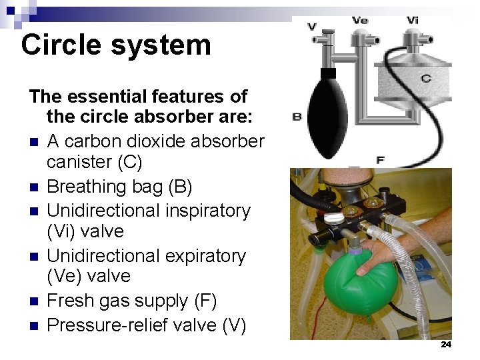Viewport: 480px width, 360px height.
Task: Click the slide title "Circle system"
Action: pos(116,45)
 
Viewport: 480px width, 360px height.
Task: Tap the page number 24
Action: pos(446,345)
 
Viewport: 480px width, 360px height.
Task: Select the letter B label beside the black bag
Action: pos(297,117)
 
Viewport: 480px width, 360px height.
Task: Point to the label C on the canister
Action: pos(425,78)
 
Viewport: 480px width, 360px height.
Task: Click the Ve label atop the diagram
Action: pos(360,21)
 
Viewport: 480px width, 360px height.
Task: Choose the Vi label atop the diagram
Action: pos(413,21)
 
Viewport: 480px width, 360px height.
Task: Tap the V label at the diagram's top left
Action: pos(312,27)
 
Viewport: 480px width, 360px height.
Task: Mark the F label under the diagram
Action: pos(380,160)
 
